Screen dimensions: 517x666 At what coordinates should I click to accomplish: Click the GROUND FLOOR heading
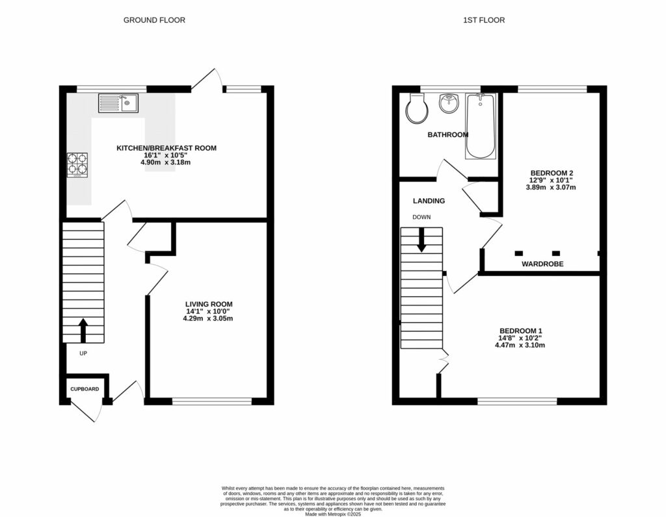pos(154,20)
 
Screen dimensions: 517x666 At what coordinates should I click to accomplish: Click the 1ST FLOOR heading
pos(484,20)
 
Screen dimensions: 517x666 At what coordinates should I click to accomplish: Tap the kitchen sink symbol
pos(118,103)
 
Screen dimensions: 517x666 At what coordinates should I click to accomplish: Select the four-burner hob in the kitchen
pos(78,164)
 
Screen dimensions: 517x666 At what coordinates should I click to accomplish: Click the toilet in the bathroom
pos(416,108)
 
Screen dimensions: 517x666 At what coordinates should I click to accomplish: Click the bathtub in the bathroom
pos(481,126)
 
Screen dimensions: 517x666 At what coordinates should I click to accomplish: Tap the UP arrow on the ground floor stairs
pos(83,329)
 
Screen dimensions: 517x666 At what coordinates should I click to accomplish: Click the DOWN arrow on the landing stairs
pos(421,240)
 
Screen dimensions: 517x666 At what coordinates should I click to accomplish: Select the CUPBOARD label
pos(85,389)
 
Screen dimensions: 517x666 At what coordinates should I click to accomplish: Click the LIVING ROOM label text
pos(208,304)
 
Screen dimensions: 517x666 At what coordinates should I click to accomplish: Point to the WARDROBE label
pos(542,264)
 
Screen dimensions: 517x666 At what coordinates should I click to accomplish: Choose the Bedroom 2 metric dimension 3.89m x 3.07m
pos(550,187)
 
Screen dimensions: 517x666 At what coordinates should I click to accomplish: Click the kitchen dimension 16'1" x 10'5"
pos(166,155)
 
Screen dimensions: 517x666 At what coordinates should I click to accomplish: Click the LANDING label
pos(429,201)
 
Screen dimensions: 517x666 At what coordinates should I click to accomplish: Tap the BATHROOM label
pos(447,135)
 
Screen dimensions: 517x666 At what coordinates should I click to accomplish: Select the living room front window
pos(212,401)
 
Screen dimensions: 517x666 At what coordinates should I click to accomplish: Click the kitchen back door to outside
pos(207,81)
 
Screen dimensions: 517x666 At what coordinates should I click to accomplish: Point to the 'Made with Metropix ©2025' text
pos(332,513)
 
